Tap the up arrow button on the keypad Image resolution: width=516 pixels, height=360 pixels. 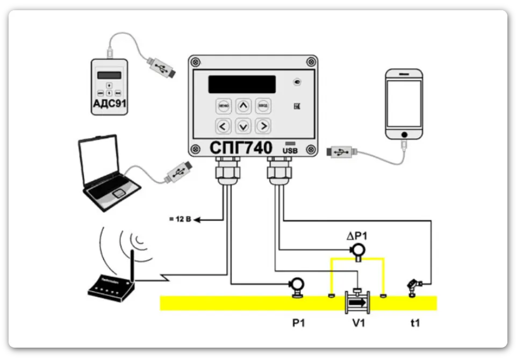(243, 106)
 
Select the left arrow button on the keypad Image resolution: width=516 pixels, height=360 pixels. (224, 126)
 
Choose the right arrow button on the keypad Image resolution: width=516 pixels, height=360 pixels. (263, 126)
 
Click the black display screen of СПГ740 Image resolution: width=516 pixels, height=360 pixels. (242, 84)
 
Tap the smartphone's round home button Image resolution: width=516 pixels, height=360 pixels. (403, 133)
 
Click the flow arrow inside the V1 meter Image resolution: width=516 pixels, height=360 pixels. (357, 303)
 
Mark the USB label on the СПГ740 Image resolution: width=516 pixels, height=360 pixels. (290, 151)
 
